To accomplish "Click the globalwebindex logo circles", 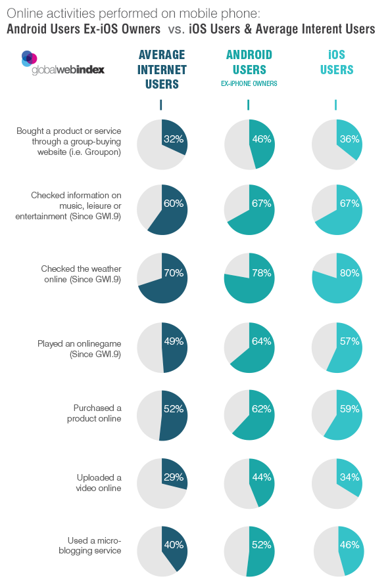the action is tap(29, 58).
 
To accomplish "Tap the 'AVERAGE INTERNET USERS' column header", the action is tap(162, 70).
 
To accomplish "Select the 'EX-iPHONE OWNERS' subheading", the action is tap(249, 83).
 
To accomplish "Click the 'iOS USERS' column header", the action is tap(337, 62).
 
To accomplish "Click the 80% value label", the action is tap(350, 272).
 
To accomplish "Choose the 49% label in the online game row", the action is tap(174, 341).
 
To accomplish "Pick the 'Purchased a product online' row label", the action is tap(94, 413).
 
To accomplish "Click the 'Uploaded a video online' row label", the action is tap(99, 483).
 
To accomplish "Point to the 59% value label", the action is tap(350, 409).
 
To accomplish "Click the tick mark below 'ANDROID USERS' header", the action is tap(248, 105).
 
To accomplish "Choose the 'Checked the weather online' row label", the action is tap(81, 274).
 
